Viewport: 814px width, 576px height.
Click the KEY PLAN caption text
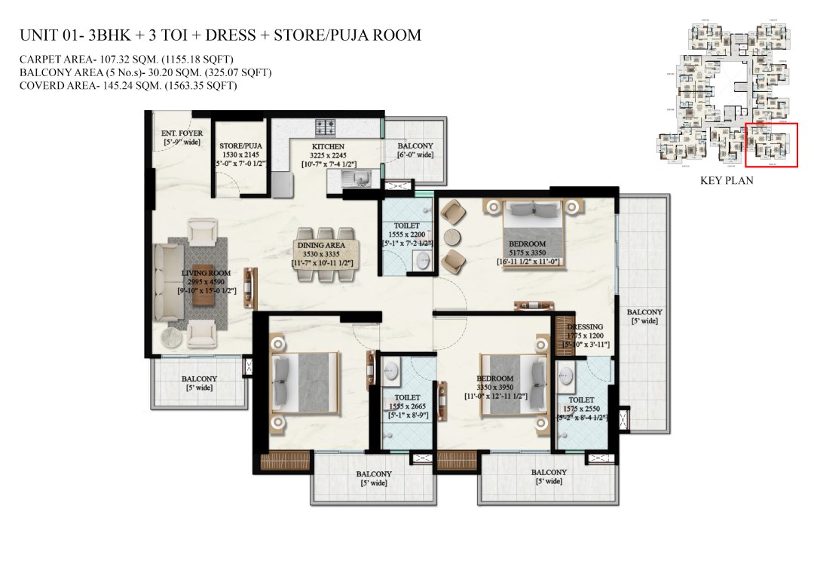click(727, 181)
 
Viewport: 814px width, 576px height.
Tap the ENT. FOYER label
click(182, 133)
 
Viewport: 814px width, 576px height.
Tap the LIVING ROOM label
click(206, 273)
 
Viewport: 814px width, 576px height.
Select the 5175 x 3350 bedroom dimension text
click(527, 253)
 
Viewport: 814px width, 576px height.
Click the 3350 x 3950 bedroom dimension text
click(494, 388)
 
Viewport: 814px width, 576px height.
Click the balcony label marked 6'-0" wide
click(415, 146)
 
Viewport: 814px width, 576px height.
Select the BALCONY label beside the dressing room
click(644, 312)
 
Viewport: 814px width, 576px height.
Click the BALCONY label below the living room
click(199, 379)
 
